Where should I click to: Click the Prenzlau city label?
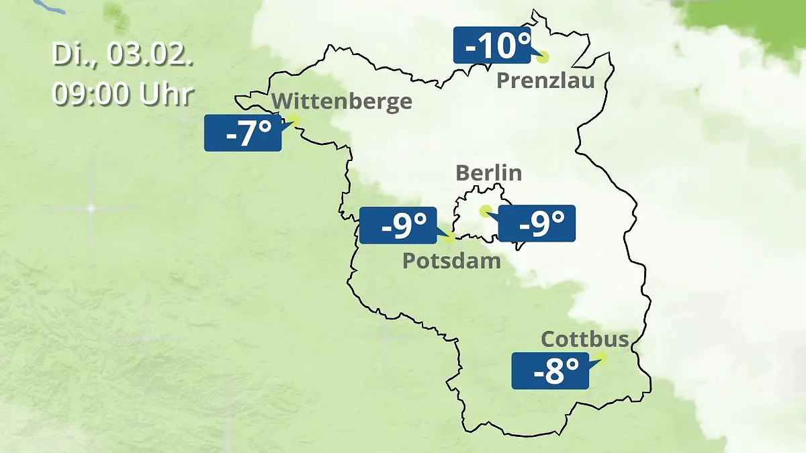coord(545,81)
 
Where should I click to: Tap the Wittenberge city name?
coord(343,101)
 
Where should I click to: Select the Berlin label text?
coord(488,172)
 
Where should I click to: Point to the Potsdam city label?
coord(451,260)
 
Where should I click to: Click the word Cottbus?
coord(584,339)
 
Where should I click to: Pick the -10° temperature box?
coord(492,46)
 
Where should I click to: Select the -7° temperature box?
coord(242,133)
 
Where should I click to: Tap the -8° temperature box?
coord(550,371)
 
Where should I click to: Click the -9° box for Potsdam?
coord(398,225)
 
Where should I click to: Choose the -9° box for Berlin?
coord(537,223)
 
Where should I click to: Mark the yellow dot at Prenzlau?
coord(542,58)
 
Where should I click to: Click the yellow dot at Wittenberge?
coord(293,120)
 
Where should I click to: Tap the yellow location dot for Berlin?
coord(485,211)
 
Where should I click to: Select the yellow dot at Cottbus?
coord(600,358)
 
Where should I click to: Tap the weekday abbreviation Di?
coord(73,55)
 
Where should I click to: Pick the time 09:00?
coord(92,95)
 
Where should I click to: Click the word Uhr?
coord(167,95)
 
